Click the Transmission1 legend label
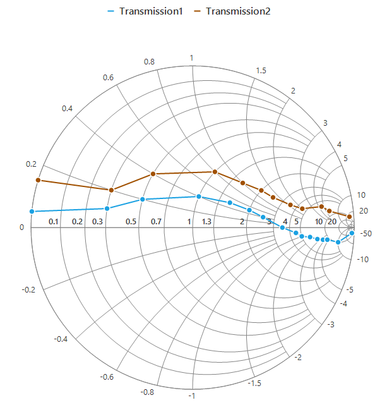coord(151,11)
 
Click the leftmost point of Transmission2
coord(38,180)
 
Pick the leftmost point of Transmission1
coord(32,211)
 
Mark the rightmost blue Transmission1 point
coord(352,233)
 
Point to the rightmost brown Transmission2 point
coord(349,217)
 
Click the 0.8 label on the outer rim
coord(149,62)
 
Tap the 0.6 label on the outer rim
coord(108,78)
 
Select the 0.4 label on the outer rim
coord(67,109)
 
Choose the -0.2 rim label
coord(28,289)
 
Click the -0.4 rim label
coord(61,339)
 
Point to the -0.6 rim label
coord(107,377)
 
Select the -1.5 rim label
coord(254,384)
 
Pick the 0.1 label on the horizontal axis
coord(54,222)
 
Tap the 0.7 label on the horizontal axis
coord(156,222)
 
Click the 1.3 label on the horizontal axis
coord(206,222)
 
